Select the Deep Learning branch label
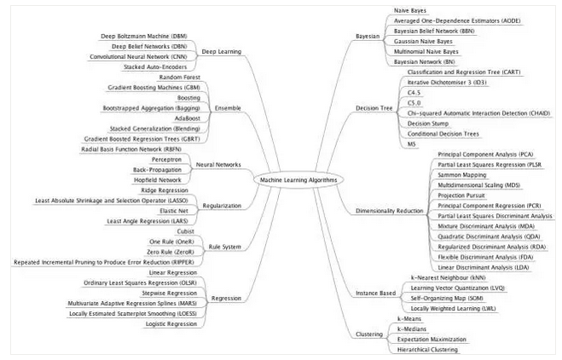(x=221, y=51)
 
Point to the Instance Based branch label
(x=375, y=293)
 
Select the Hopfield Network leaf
(x=161, y=179)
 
